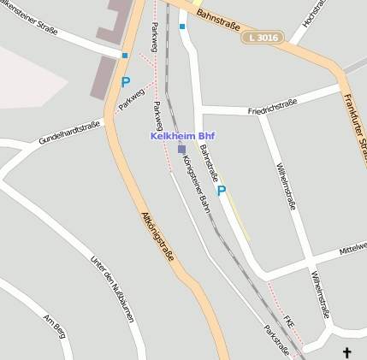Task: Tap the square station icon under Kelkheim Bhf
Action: pos(181,149)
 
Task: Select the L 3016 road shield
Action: pos(262,38)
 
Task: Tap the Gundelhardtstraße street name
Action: pos(69,132)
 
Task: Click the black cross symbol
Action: pos(347,351)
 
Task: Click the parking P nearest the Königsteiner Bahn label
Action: pos(222,192)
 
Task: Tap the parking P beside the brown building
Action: pos(126,83)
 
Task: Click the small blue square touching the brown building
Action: pos(125,56)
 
